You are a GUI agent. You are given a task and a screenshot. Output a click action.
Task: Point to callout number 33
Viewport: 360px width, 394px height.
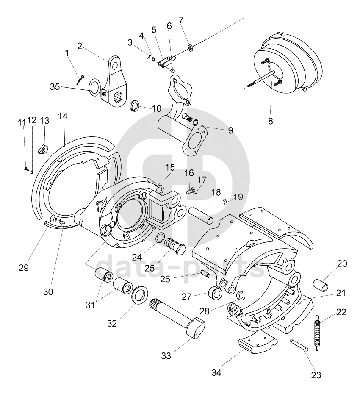click(x=166, y=356)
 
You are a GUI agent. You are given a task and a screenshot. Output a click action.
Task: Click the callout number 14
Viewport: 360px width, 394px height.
click(x=63, y=116)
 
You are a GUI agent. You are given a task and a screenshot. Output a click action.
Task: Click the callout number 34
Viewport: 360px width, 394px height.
click(x=216, y=373)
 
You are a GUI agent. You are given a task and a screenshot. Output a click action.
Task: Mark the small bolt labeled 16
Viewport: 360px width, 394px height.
click(x=191, y=189)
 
